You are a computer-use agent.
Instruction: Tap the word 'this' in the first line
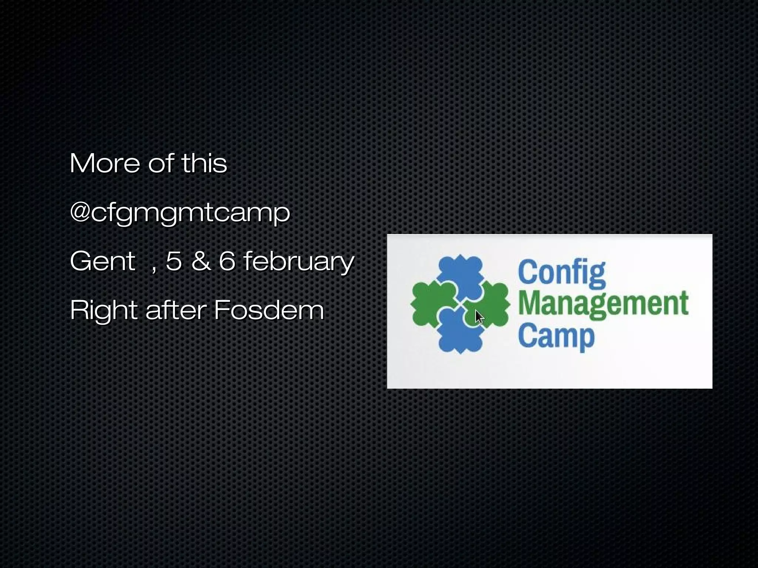coord(204,163)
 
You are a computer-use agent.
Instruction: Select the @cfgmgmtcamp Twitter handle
coord(180,213)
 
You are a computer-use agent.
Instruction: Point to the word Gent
coord(103,261)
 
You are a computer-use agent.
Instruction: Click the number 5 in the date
coord(174,261)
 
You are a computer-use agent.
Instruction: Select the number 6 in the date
coord(227,261)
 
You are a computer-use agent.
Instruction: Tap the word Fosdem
coord(269,310)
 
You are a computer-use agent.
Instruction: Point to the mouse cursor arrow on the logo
coord(479,317)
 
